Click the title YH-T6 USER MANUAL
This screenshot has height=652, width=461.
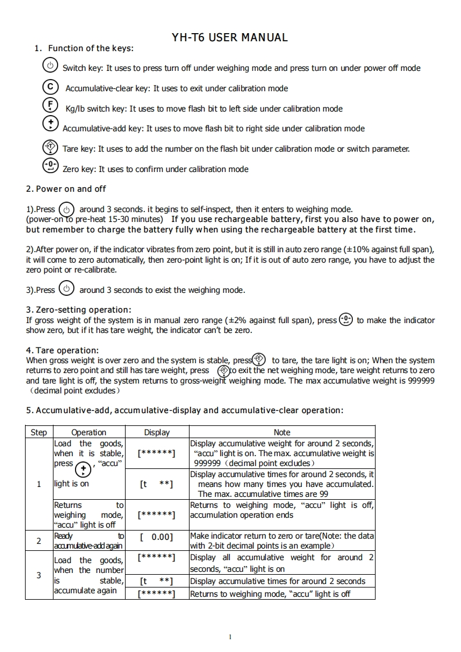pos(230,38)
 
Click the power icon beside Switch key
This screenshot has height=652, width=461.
pos(51,66)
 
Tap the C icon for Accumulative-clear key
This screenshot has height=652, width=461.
pos(51,87)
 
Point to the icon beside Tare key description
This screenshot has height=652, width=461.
pos(51,148)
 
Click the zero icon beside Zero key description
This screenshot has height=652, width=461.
pos(51,167)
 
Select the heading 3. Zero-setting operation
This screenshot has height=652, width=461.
pos(78,310)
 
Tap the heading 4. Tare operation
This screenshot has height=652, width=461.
pos(62,350)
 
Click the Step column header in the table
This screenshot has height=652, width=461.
pos(38,432)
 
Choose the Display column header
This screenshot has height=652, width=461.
pos(157,432)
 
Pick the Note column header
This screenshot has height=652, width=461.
pos(282,432)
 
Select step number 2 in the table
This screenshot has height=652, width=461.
pos(38,541)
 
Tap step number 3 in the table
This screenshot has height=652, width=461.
pos(38,575)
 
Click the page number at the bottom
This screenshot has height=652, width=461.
pos(230,636)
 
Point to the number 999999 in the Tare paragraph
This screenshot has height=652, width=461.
pos(421,381)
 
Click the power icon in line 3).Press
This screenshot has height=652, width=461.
pos(67,289)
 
